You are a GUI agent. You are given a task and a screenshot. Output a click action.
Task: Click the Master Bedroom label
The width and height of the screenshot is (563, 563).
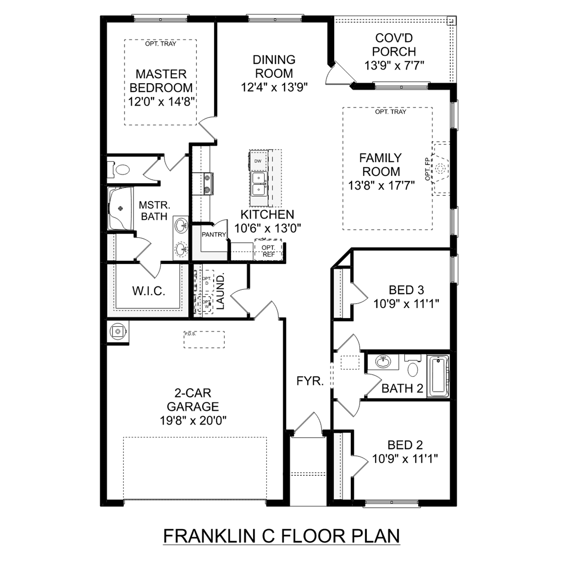161,81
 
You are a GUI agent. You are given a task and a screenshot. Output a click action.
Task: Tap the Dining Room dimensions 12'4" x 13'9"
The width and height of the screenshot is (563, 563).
274,87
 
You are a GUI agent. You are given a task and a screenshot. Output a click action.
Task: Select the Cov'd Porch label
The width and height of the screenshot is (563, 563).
394,45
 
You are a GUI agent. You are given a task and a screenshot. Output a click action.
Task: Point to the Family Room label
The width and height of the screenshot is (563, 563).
381,164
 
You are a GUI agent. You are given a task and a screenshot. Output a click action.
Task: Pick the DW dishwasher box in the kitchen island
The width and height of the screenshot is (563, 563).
258,161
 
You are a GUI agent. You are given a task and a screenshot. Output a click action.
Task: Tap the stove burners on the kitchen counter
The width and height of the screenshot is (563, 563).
206,184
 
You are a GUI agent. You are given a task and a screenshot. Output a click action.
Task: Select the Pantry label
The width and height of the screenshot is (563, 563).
214,235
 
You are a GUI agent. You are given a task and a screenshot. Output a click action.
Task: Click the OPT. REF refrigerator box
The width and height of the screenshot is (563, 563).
268,250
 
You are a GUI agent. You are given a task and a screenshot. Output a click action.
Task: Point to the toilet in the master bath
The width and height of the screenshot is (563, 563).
121,170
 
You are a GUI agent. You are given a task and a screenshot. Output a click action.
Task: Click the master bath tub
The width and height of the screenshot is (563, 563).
120,209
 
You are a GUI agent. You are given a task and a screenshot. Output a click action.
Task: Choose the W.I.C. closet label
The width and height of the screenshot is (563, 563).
149,291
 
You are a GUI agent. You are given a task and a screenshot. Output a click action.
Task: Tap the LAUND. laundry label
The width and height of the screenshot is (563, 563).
220,291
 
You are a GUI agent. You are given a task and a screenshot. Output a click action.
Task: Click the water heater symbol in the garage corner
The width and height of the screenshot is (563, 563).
118,331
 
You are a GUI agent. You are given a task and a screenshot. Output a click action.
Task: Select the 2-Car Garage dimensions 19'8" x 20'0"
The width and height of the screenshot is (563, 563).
193,420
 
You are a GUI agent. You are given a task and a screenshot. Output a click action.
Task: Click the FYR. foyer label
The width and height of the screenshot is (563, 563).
310,381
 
